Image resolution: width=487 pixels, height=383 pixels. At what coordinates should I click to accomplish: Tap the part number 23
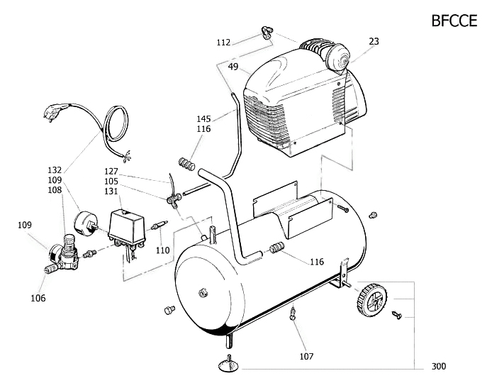pyautogui.click(x=374, y=42)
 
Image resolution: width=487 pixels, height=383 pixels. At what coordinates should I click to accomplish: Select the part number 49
pyautogui.click(x=233, y=67)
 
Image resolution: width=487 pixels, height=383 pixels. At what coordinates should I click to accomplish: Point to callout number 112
pyautogui.click(x=223, y=43)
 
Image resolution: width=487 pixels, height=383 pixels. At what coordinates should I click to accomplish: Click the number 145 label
pyautogui.click(x=203, y=118)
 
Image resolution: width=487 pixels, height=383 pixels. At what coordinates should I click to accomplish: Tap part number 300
pyautogui.click(x=439, y=367)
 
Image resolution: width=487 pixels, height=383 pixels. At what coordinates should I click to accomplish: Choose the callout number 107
pyautogui.click(x=306, y=356)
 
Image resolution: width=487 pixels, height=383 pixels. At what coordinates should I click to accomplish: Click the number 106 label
pyautogui.click(x=38, y=299)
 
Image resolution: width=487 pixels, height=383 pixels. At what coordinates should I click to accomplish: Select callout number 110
pyautogui.click(x=163, y=250)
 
